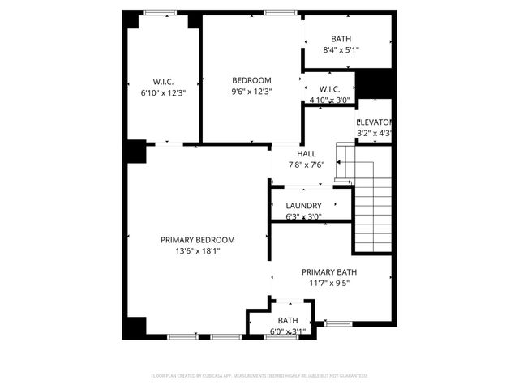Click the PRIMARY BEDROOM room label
(197, 240)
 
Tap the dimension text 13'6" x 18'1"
(197, 251)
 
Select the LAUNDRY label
(304, 206)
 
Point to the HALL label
(307, 153)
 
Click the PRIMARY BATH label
(329, 272)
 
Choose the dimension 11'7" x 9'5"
(329, 284)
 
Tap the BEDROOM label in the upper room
(251, 80)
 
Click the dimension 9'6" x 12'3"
(251, 92)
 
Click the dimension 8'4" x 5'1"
(341, 50)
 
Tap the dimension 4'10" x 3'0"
(329, 100)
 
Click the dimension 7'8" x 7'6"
(307, 165)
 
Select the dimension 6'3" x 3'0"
(304, 216)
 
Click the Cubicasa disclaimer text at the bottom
(259, 376)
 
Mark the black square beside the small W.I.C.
(374, 84)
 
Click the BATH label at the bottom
(288, 322)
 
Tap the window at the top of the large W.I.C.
(159, 12)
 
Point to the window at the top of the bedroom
(279, 12)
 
